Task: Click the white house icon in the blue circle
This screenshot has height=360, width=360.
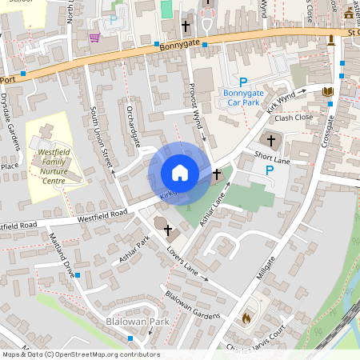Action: click(180, 173)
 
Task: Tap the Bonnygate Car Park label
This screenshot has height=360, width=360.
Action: click(242, 98)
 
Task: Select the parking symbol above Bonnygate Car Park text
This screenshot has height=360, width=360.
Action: click(243, 82)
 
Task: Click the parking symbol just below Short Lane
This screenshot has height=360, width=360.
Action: click(269, 170)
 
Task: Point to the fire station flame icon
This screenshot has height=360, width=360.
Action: click(246, 318)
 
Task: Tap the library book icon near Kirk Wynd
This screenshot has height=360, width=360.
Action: click(327, 92)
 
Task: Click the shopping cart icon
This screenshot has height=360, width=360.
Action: click(94, 37)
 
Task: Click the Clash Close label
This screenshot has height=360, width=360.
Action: click(294, 118)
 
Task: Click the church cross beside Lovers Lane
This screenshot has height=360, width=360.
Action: click(168, 231)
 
